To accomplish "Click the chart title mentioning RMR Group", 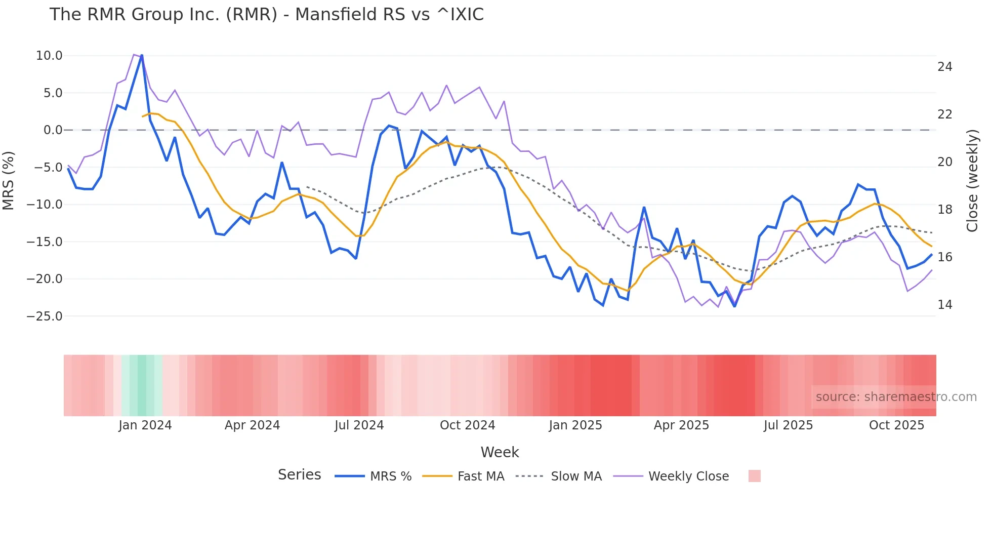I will [266, 15].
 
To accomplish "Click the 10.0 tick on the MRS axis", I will [49, 56].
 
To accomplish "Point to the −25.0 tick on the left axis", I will [45, 316].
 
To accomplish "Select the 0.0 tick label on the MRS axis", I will [53, 130].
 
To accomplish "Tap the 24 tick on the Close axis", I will [944, 67].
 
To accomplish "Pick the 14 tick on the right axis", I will [944, 305].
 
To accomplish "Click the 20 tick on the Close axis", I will [944, 162].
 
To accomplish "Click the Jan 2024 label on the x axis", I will [145, 425].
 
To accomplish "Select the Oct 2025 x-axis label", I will [896, 425].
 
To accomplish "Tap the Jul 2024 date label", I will [359, 425].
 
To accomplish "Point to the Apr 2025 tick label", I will [681, 425].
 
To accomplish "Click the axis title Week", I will [500, 452].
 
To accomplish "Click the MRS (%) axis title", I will [9, 180].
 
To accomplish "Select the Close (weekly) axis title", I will [972, 180].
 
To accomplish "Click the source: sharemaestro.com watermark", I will [896, 397].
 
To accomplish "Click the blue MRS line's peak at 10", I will [142, 55].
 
